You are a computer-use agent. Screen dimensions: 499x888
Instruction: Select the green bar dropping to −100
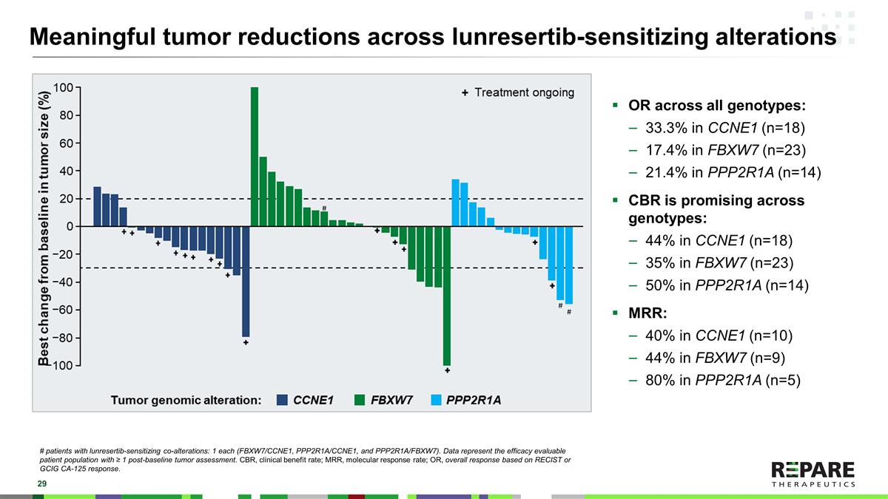coord(447,296)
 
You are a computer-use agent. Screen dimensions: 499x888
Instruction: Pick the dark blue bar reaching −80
coord(246,281)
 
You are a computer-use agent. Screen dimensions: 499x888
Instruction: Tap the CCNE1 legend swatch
coord(282,401)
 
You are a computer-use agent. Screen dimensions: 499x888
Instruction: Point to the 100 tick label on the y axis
coord(62,87)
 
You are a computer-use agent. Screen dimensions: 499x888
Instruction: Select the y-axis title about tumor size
coord(45,227)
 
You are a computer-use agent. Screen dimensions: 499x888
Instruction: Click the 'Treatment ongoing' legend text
coord(524,92)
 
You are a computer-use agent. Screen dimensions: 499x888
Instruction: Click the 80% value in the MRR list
coord(659,381)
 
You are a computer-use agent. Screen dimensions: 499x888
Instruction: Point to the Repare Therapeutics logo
coord(813,474)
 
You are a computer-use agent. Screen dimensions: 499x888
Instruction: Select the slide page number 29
coord(33,483)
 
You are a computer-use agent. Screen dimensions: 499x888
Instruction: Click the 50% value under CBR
coord(659,285)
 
